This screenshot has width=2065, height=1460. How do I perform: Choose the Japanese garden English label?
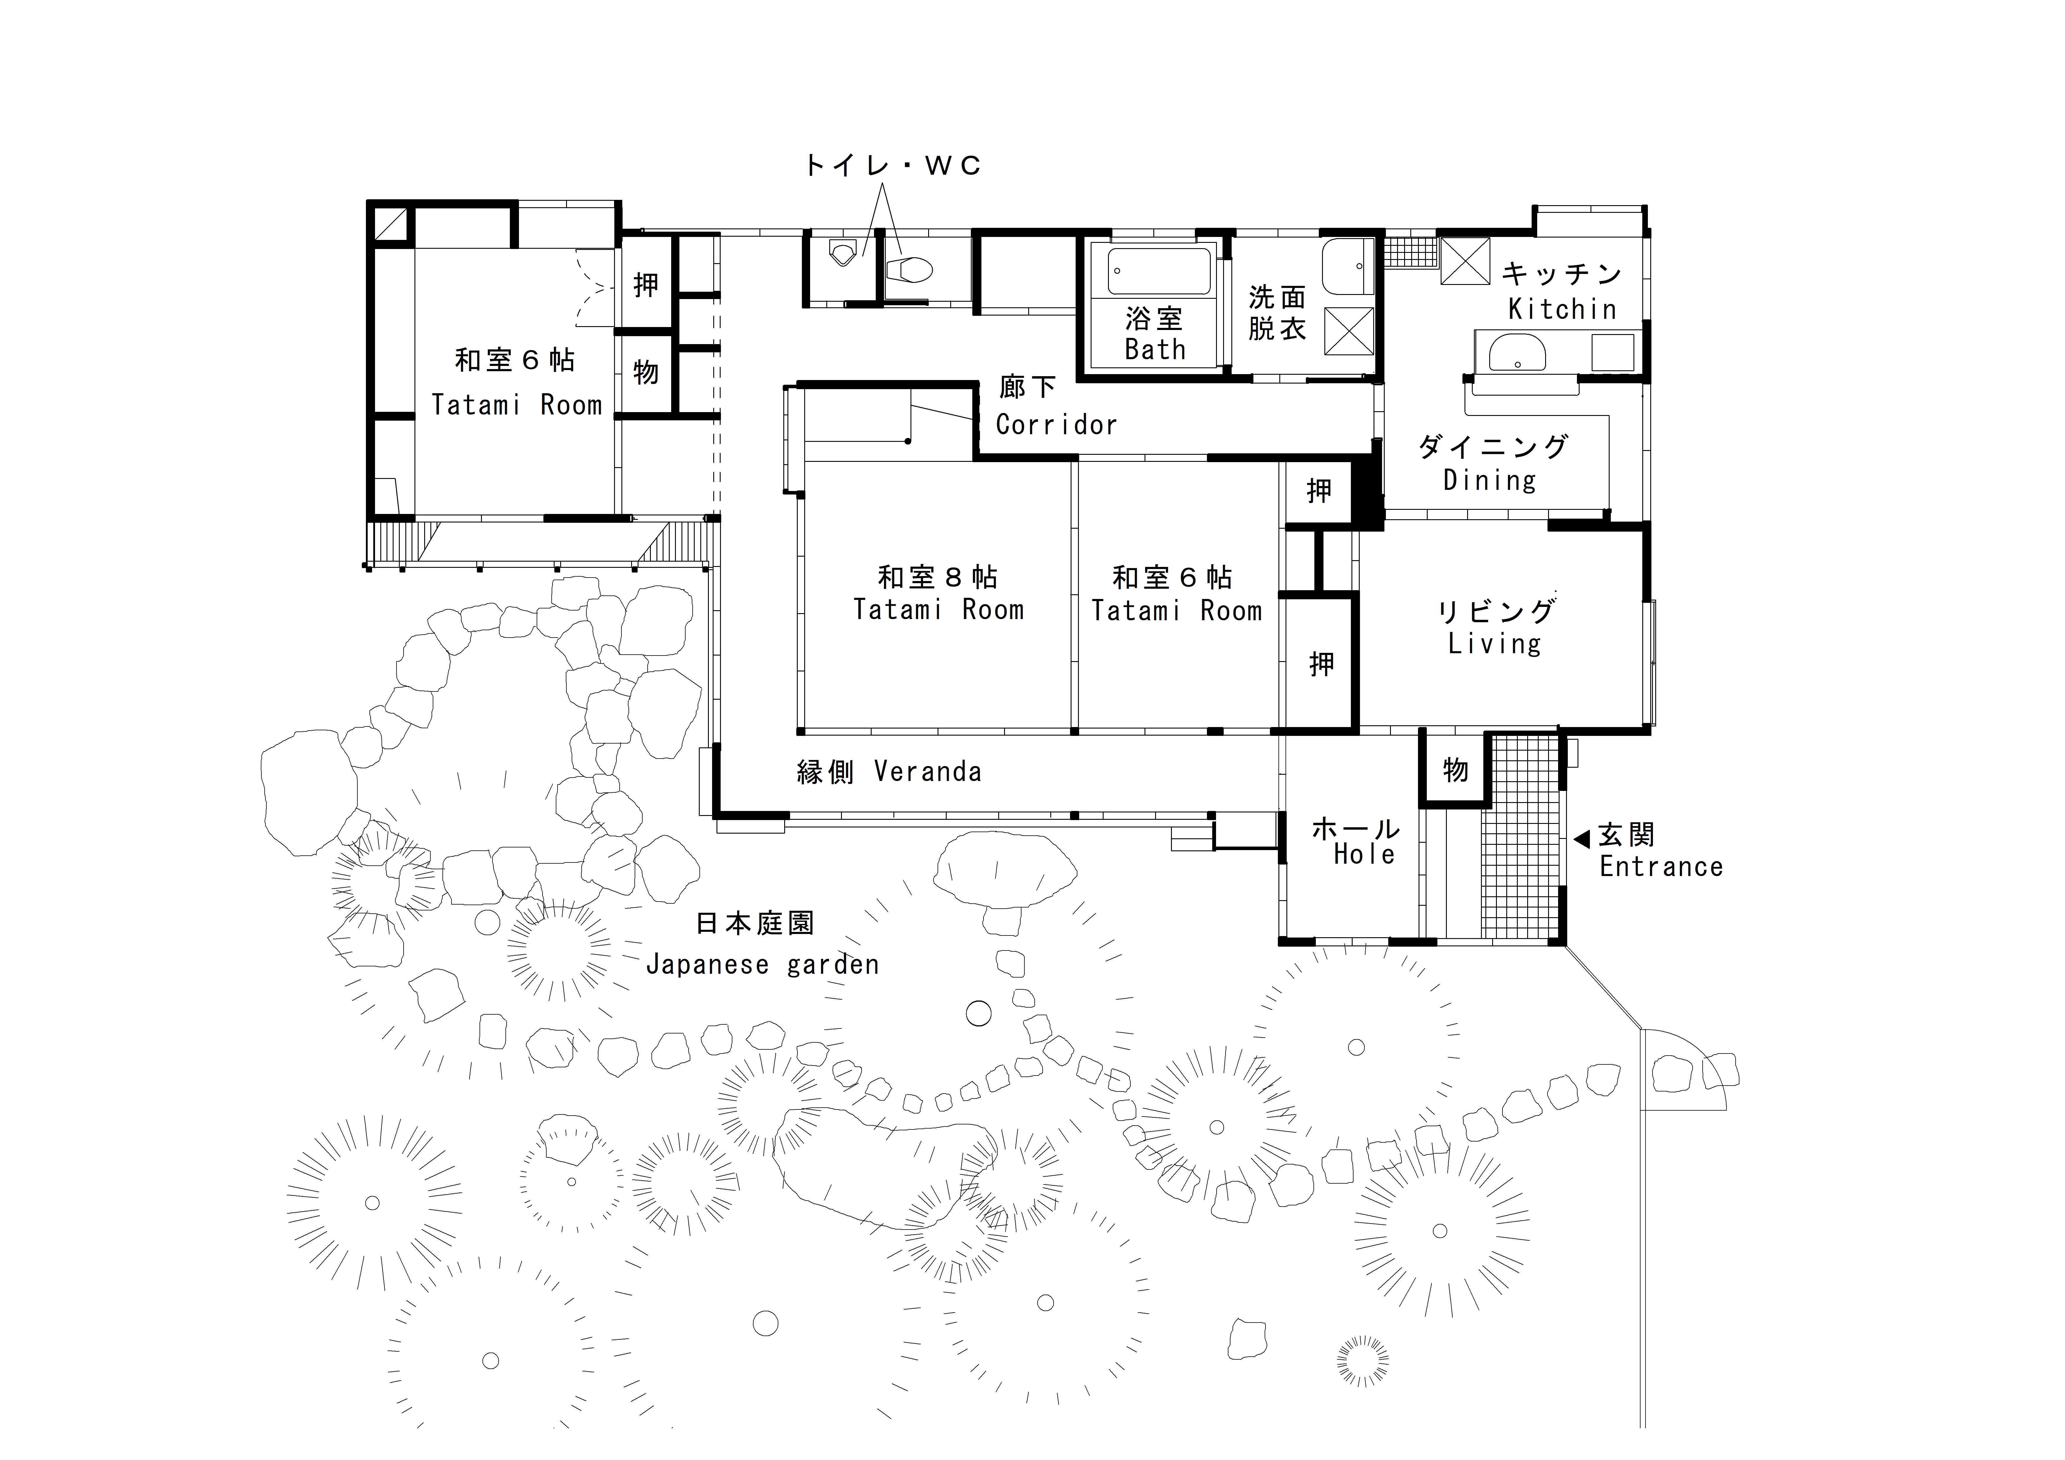point(762,965)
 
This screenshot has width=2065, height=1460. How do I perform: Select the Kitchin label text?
point(1562,309)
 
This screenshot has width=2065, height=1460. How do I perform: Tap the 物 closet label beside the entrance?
point(1455,770)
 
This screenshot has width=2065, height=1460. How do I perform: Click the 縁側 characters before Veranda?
point(825,772)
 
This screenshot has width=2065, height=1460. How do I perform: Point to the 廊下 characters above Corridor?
point(1027,387)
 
